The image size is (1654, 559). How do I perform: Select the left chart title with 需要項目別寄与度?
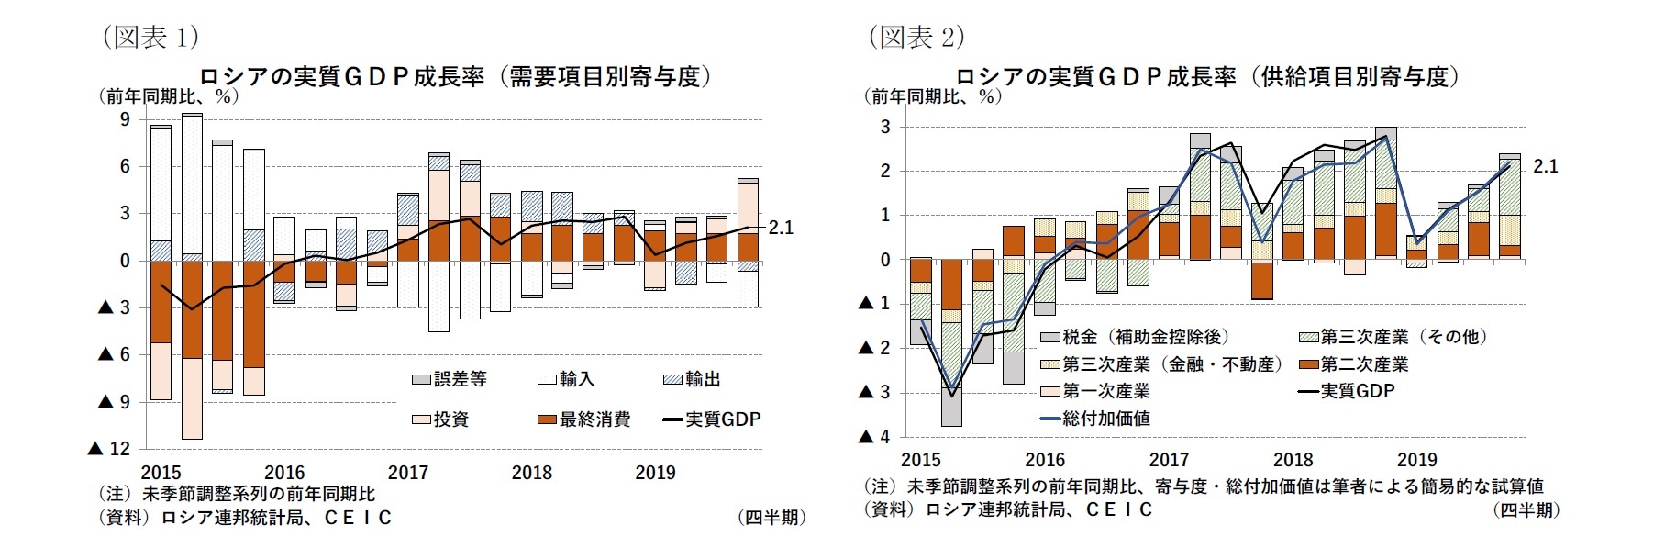click(456, 77)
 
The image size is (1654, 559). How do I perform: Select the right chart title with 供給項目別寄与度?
click(1207, 77)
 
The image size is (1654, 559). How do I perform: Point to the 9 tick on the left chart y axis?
click(125, 119)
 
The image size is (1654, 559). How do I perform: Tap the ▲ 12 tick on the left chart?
click(109, 449)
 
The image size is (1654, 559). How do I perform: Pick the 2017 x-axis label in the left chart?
click(408, 473)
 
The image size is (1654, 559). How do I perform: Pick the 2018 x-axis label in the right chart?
click(1293, 459)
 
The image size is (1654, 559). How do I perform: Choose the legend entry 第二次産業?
click(1364, 364)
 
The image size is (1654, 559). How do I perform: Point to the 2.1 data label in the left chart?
click(780, 229)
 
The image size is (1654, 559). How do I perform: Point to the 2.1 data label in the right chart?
click(1545, 167)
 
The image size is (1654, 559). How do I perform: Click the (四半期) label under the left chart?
click(771, 518)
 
